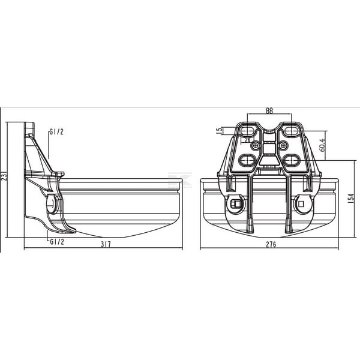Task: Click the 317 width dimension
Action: (x=106, y=244)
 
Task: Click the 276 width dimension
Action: (x=271, y=245)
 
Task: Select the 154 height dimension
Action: (x=351, y=199)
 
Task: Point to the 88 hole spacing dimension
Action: (x=269, y=111)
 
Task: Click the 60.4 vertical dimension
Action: (x=322, y=145)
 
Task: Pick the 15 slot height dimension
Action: (x=220, y=130)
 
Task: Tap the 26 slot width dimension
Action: (x=248, y=140)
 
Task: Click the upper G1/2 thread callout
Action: (x=56, y=132)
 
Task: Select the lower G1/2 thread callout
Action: (x=57, y=242)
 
